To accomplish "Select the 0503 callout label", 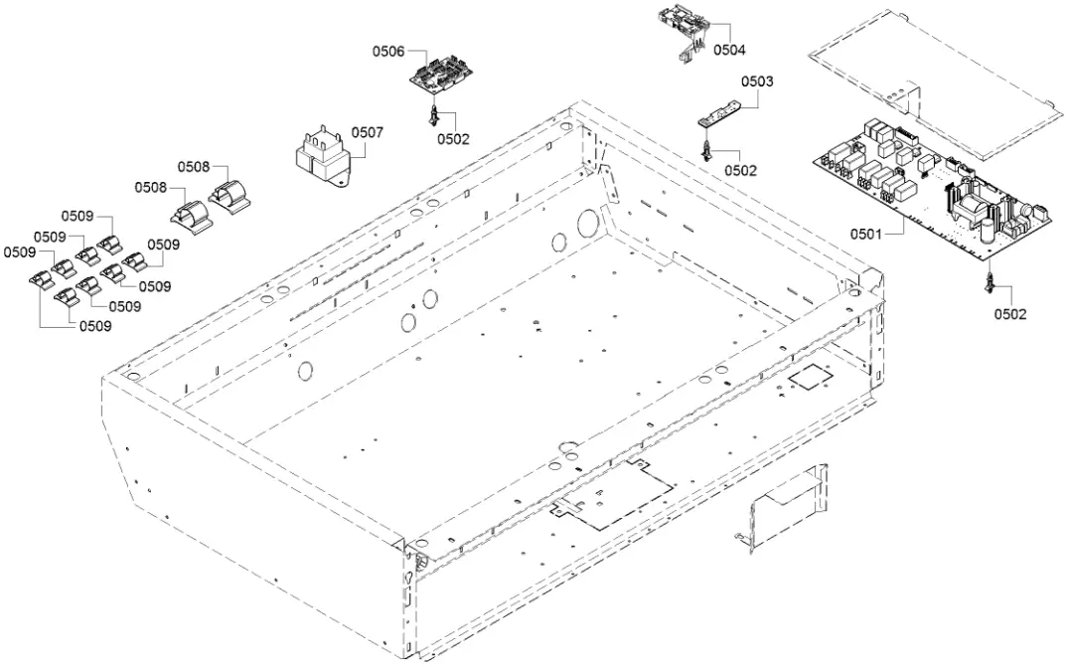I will pyautogui.click(x=757, y=82).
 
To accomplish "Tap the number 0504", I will pyautogui.click(x=728, y=49).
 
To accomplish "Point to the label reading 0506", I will pyautogui.click(x=388, y=52).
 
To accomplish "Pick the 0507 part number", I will pyautogui.click(x=367, y=131).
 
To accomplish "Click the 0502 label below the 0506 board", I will pyautogui.click(x=452, y=139).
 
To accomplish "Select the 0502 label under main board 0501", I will pyautogui.click(x=1010, y=314).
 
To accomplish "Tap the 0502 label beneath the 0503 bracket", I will pyautogui.click(x=740, y=170).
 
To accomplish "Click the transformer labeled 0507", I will pyautogui.click(x=321, y=156).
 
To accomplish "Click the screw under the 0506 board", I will pyautogui.click(x=433, y=115).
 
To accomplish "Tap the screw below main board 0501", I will pyautogui.click(x=990, y=284).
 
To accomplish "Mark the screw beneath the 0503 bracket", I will pyautogui.click(x=706, y=150).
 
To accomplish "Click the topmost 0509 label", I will pyautogui.click(x=77, y=216).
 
